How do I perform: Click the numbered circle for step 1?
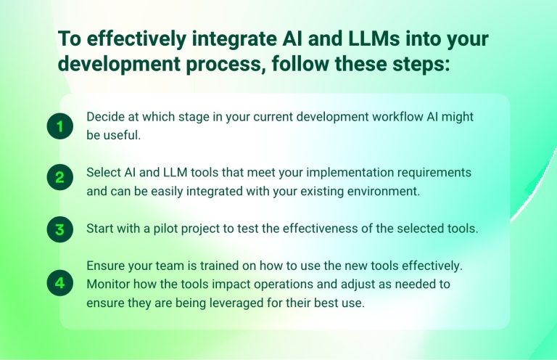(x=59, y=127)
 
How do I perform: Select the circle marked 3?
(x=59, y=230)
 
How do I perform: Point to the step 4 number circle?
(x=59, y=283)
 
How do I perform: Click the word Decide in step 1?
(x=104, y=117)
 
